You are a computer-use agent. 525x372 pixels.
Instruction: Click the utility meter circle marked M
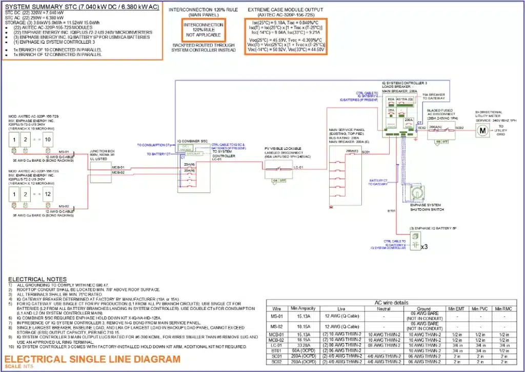(x=481, y=131)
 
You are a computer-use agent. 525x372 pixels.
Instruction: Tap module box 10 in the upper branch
(x=48, y=140)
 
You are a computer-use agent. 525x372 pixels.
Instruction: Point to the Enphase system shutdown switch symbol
(x=419, y=193)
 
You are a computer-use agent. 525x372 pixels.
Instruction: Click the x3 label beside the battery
(x=425, y=246)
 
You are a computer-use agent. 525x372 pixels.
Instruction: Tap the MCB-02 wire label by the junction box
(x=118, y=172)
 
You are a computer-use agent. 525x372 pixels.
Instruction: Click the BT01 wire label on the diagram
(x=391, y=210)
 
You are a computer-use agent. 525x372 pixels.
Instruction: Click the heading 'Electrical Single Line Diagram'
(x=94, y=359)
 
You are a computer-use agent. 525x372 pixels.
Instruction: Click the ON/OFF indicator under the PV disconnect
(x=278, y=181)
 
